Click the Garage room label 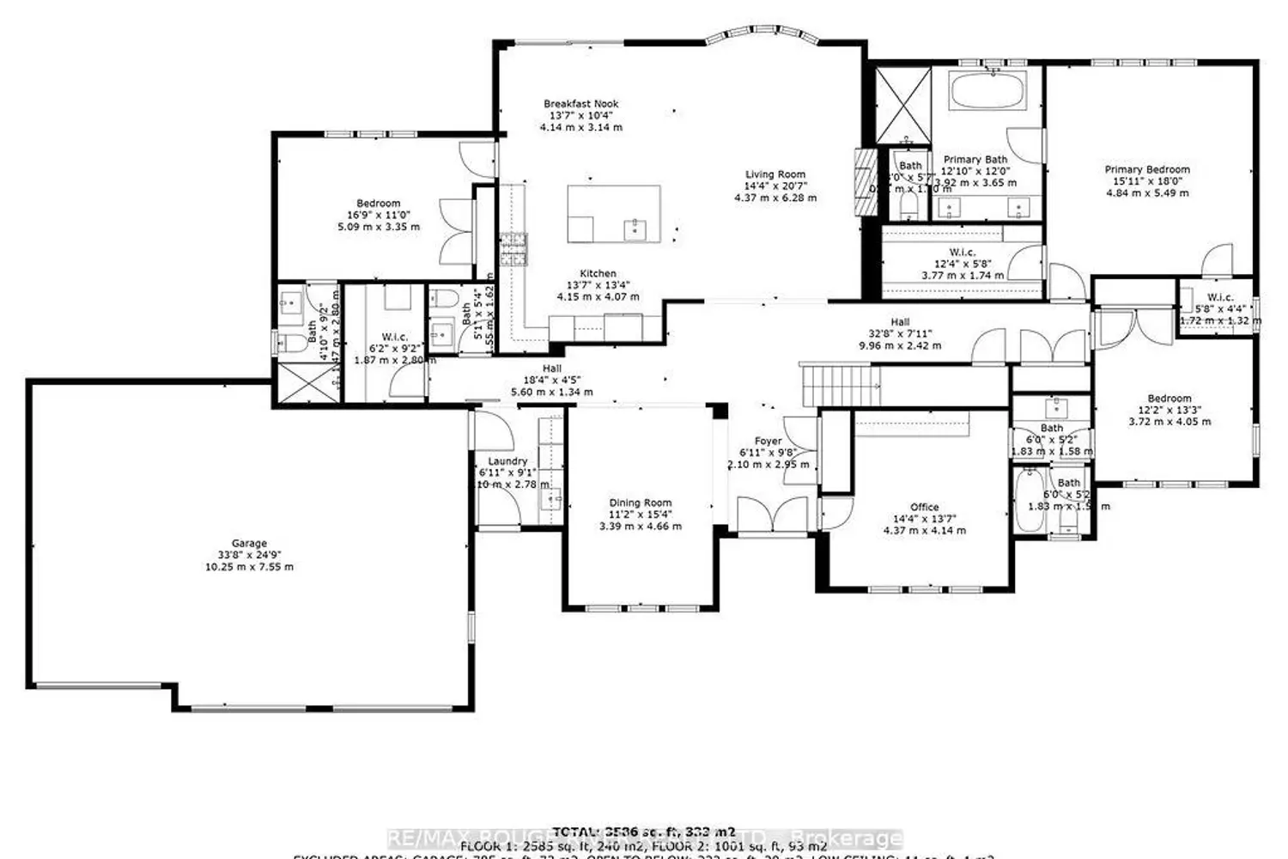click(248, 543)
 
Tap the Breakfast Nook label click(581, 104)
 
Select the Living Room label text click(775, 174)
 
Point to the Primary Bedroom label click(1147, 170)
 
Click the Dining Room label click(641, 503)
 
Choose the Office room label click(924, 507)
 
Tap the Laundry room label click(507, 461)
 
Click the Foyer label click(768, 442)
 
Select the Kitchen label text click(598, 274)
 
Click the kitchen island click(615, 213)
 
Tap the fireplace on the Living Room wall click(861, 180)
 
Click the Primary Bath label click(975, 160)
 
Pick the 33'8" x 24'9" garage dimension click(248, 555)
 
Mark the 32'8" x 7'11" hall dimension click(900, 334)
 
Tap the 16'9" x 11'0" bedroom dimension click(378, 216)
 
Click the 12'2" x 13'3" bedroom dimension click(1169, 410)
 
